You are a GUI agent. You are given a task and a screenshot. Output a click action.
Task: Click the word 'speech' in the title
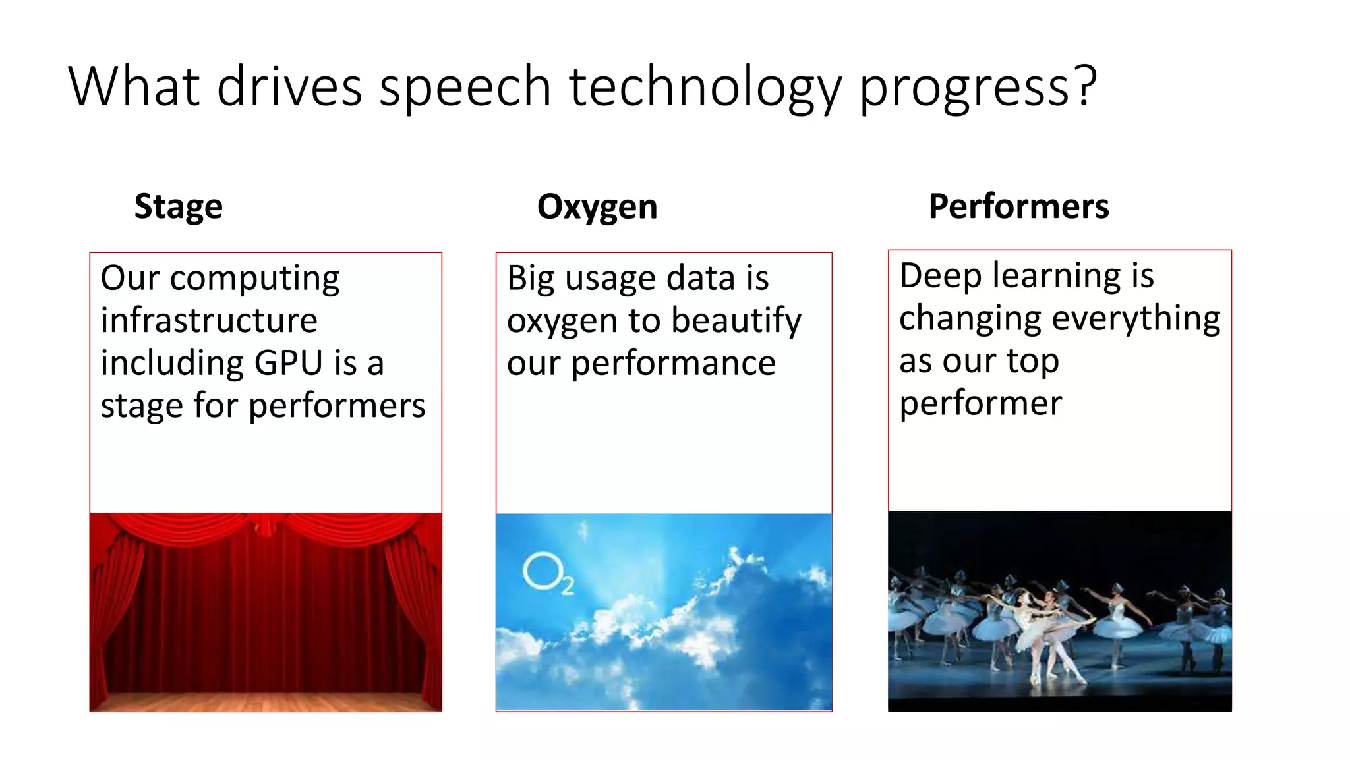pos(465,87)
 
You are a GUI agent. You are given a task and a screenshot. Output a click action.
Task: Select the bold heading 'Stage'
pos(179,207)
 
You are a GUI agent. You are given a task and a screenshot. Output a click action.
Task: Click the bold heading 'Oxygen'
pos(597,207)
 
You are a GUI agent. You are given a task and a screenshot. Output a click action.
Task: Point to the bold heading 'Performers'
pos(1018,206)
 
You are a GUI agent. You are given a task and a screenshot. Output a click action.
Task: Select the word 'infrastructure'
pos(209,321)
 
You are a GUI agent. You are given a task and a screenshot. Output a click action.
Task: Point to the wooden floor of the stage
pos(266,701)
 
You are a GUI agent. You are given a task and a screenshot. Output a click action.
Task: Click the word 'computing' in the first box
pos(254,279)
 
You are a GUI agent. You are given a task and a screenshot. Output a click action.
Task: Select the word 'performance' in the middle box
pos(673,364)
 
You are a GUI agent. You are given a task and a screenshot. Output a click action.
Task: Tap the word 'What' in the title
pos(134,87)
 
